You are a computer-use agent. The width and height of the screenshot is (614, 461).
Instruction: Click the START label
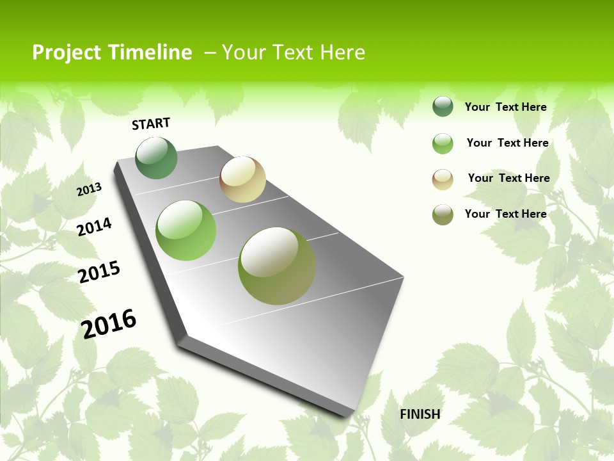point(151,124)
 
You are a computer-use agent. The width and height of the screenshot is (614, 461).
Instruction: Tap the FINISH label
point(420,414)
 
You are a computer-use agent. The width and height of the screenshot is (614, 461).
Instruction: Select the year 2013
point(90,189)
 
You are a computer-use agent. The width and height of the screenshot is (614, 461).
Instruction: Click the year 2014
point(95,227)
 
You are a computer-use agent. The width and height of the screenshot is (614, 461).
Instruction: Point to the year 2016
point(109,323)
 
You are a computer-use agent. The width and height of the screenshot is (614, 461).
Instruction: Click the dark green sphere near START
point(157,158)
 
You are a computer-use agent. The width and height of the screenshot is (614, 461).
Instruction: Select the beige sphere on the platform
point(243,179)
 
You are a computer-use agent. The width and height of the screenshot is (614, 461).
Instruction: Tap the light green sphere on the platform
point(186,230)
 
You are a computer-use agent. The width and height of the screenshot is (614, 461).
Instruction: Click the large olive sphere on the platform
point(277,266)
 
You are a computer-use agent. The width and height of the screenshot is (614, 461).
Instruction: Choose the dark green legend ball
point(443,106)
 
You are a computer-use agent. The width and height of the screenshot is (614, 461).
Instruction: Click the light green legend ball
point(443,143)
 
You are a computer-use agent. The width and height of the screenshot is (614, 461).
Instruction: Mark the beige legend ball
point(443,179)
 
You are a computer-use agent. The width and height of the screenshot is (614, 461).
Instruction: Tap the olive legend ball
point(443,214)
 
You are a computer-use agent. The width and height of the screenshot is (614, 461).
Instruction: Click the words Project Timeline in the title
point(112,53)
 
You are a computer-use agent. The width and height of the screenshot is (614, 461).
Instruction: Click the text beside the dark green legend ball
point(505,107)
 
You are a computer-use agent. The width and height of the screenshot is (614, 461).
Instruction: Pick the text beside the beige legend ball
point(508,178)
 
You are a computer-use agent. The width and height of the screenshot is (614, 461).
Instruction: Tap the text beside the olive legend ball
point(505,214)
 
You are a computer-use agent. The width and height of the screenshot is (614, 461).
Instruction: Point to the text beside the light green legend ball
point(507,143)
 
